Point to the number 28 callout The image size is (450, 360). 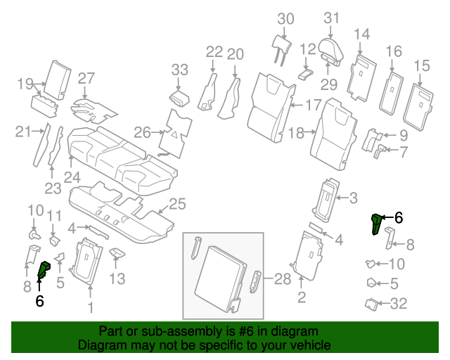[x=282, y=279]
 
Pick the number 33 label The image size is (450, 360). [x=180, y=69]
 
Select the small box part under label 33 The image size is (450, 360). [x=181, y=97]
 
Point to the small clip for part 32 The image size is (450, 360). [x=371, y=304]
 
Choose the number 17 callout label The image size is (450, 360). [x=313, y=105]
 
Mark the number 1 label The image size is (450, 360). [x=89, y=307]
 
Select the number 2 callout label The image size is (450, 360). [x=302, y=298]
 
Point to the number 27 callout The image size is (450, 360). [x=86, y=77]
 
